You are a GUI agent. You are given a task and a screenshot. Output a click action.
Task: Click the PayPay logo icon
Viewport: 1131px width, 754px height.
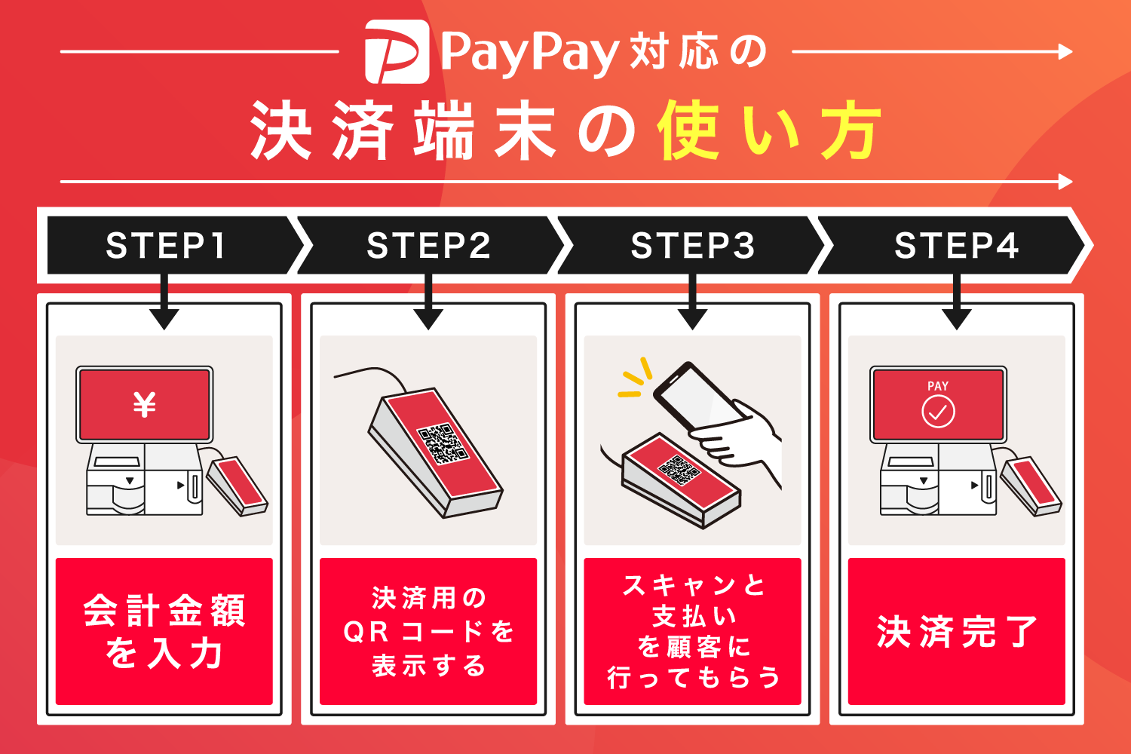point(397,51)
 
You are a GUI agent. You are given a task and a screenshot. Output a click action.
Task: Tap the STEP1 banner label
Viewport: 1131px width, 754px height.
point(165,246)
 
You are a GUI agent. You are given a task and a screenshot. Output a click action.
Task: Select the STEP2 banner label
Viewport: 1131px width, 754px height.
point(428,246)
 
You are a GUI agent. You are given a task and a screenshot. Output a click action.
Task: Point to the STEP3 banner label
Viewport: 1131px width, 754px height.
point(692,246)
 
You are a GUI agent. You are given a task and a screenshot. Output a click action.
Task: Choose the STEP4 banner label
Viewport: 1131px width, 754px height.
point(956,246)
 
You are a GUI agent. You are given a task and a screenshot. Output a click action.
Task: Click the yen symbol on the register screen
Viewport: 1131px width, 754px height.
point(144,405)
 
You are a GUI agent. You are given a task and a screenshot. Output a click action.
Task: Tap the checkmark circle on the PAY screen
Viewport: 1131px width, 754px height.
point(938,412)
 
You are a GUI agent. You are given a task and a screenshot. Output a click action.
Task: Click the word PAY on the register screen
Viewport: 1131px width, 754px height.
point(938,386)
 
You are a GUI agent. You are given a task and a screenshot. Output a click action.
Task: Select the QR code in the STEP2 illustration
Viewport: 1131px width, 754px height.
point(443,443)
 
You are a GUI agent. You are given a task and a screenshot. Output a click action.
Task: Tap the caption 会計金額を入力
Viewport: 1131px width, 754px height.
point(164,631)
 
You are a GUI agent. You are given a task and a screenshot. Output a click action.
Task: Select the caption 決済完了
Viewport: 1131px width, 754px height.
point(956,632)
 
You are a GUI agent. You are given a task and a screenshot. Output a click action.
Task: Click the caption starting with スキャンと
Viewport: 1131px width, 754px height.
point(692,631)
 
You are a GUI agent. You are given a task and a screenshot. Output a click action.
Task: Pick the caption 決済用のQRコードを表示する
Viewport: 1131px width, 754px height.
point(428,631)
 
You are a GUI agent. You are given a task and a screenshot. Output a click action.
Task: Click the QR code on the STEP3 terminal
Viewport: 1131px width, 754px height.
point(680,469)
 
